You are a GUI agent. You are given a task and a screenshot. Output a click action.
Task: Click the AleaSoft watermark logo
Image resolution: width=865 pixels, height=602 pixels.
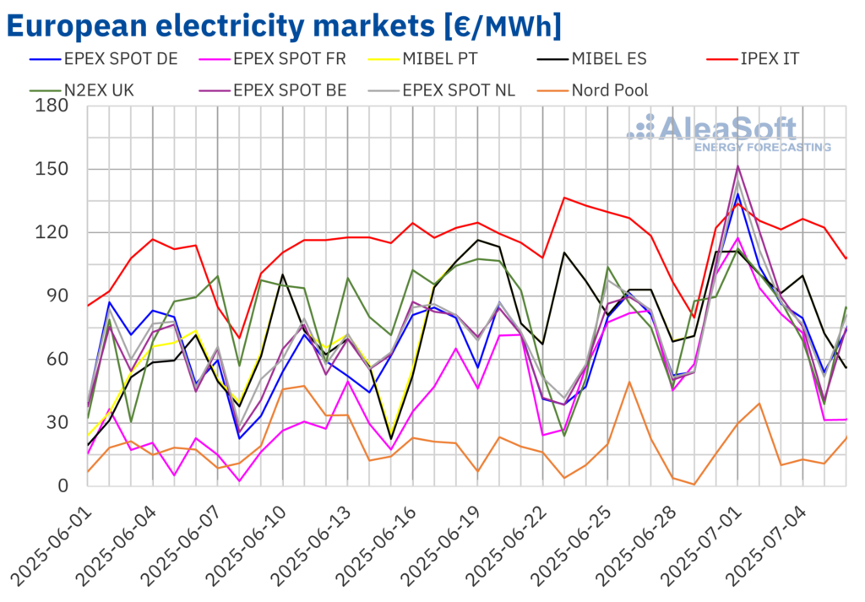[726, 133]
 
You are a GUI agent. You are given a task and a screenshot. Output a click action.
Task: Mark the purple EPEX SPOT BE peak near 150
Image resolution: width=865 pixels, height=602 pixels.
[738, 166]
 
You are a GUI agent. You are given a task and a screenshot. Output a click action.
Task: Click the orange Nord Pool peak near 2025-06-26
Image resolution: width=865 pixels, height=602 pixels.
[629, 382]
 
